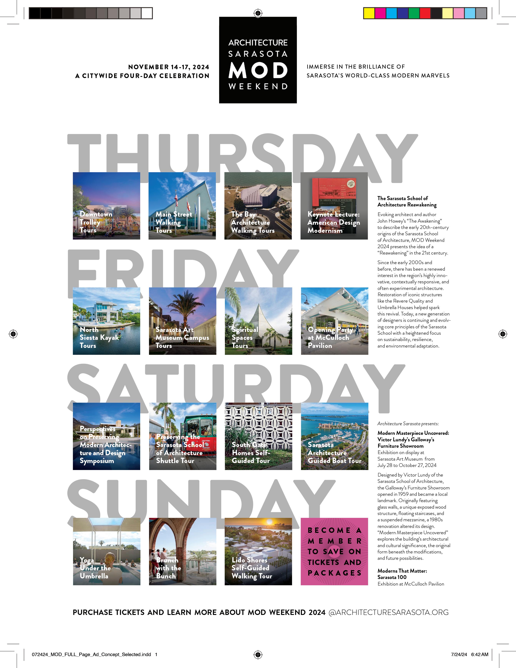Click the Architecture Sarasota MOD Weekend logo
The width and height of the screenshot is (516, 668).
pos(258,60)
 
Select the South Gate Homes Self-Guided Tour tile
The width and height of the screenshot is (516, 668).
pos(258,436)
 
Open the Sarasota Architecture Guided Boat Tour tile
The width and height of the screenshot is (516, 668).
pos(335,436)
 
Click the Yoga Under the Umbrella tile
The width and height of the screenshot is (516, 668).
pos(107,552)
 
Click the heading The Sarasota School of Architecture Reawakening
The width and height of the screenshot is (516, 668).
pos(407,201)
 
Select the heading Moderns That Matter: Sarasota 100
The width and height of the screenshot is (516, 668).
pos(402,574)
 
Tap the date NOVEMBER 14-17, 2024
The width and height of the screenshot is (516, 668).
pos(169,67)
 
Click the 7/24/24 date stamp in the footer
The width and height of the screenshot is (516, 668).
pos(459,654)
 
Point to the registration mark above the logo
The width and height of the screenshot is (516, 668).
pos(258,13)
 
